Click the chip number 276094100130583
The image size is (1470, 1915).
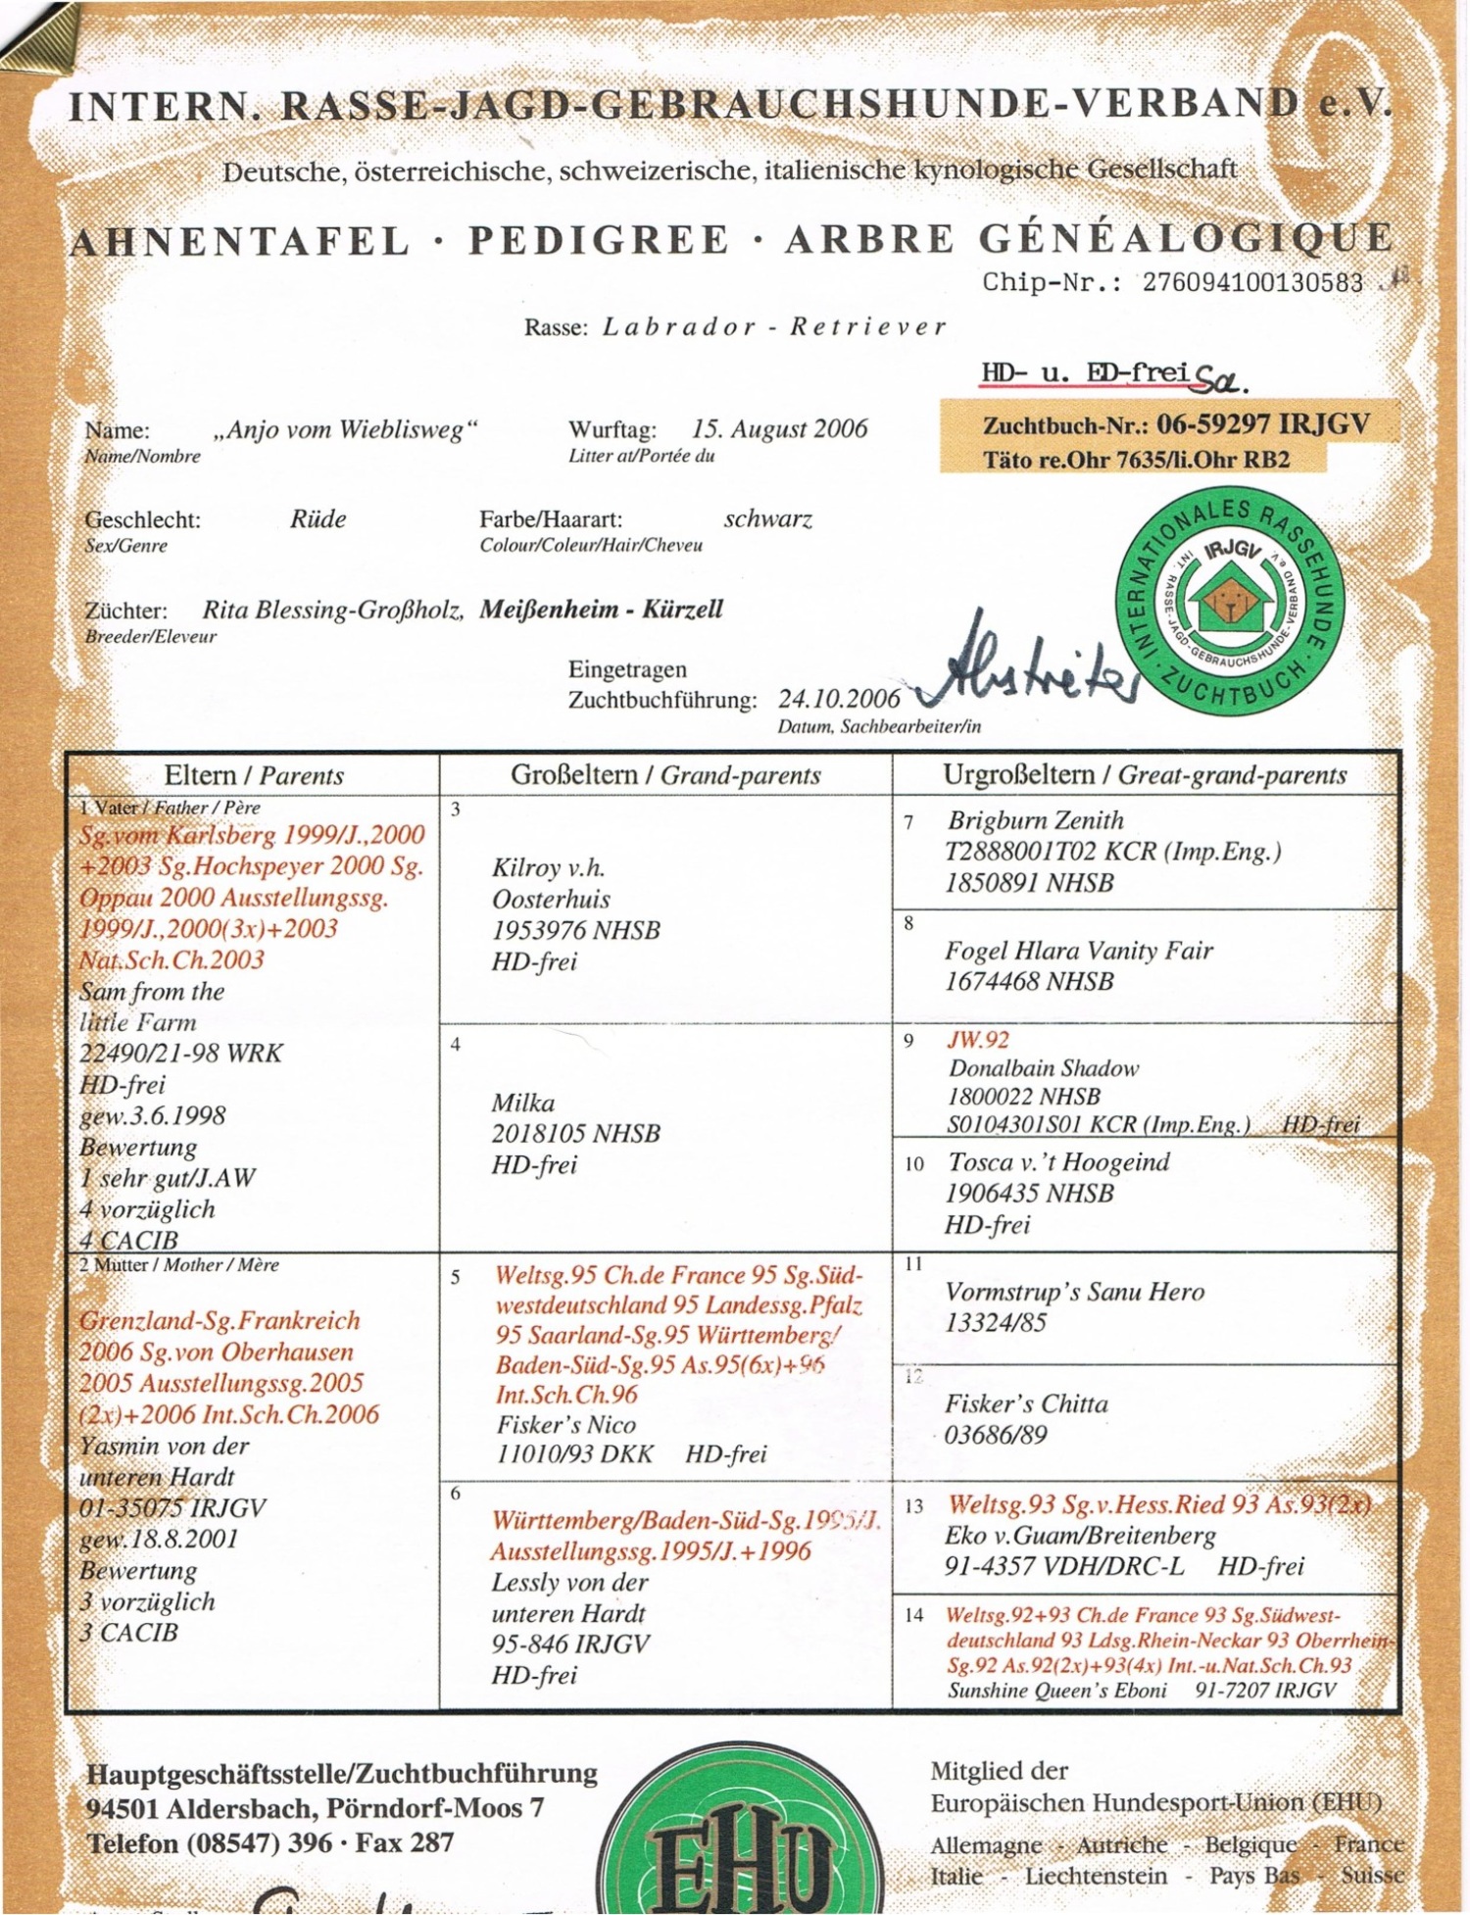[x=1251, y=282]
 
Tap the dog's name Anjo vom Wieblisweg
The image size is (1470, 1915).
[x=346, y=429]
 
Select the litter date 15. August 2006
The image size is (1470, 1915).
[x=779, y=428]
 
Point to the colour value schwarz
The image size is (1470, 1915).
[x=768, y=518]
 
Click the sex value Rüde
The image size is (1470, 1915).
[x=318, y=518]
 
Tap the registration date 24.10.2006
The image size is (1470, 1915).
[x=839, y=698]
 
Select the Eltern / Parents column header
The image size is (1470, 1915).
[x=254, y=775]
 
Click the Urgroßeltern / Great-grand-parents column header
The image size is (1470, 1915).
[x=1145, y=775]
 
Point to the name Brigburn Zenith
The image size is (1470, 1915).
[x=1035, y=820]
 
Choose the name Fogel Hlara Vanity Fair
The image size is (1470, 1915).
[x=1078, y=950]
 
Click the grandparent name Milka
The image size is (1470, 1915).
[x=523, y=1103]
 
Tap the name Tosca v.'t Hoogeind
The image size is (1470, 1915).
[x=1058, y=1162]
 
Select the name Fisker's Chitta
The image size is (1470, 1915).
[x=1026, y=1403]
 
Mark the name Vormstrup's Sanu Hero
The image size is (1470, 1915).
[x=1074, y=1292]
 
